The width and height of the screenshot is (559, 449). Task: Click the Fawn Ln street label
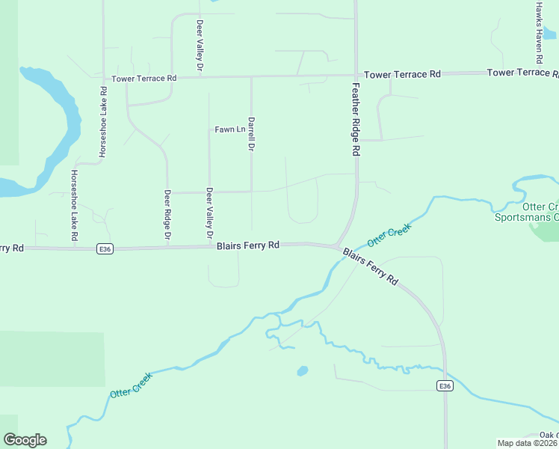click(229, 129)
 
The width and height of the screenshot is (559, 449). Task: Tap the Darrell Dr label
click(252, 135)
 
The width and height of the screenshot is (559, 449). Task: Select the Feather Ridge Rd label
click(356, 118)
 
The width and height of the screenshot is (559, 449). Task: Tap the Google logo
click(25, 440)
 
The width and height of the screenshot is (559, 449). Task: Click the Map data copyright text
click(527, 443)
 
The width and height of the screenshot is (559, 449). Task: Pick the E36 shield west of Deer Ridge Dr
click(105, 249)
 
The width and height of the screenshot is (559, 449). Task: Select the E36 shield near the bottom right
click(445, 385)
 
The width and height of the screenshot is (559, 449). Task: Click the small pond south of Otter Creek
click(302, 370)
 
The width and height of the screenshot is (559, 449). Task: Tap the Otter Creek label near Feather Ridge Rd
click(389, 237)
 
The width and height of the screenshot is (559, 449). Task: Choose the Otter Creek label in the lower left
click(131, 384)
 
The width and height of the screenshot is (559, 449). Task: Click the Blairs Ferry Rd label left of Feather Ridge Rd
click(248, 245)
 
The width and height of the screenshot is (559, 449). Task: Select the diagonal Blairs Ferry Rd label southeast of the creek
click(371, 266)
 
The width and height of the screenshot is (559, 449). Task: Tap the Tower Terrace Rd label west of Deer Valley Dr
click(143, 78)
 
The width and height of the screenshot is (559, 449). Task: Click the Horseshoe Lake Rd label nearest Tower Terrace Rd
click(103, 121)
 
